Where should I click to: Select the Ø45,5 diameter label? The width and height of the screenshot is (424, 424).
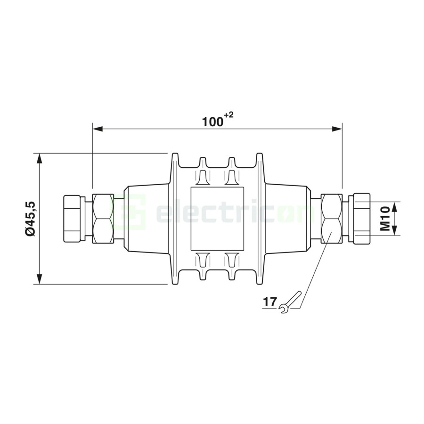pyautogui.click(x=30, y=219)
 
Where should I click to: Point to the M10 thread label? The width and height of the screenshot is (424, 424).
pyautogui.click(x=385, y=219)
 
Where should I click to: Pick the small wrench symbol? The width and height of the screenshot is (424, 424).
pyautogui.click(x=289, y=302)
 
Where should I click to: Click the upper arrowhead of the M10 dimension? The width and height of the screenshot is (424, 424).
pyautogui.click(x=395, y=206)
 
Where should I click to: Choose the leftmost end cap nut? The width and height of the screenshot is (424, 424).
pyautogui.click(x=73, y=219)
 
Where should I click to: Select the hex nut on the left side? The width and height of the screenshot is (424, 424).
pyautogui.click(x=103, y=219)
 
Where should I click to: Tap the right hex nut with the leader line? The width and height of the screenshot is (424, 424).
pyautogui.click(x=332, y=219)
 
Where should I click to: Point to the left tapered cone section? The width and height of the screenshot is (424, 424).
pyautogui.click(x=146, y=219)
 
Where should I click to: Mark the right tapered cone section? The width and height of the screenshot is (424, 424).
pyautogui.click(x=287, y=219)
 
